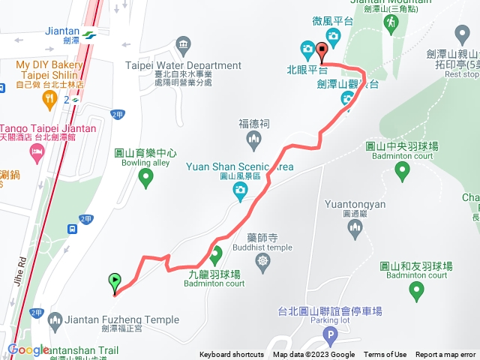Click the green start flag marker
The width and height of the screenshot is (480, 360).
coord(114,283)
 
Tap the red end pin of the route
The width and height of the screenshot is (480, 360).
coord(322,52)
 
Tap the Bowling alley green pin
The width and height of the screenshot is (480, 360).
coord(146,177)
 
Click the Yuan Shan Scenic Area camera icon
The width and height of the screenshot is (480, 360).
coord(240,193)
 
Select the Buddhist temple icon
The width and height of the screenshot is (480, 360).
coord(262,261)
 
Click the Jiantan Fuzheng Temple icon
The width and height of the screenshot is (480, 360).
coord(53,320)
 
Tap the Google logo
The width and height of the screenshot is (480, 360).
coord(28,350)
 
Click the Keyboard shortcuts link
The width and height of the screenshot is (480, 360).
coord(232,355)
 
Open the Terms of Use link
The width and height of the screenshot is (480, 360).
coord(385,355)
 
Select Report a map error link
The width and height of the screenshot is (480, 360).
coord(445,355)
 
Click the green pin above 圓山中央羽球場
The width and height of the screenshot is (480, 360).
coord(403,172)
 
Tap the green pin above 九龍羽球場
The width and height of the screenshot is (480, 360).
coord(216,256)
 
